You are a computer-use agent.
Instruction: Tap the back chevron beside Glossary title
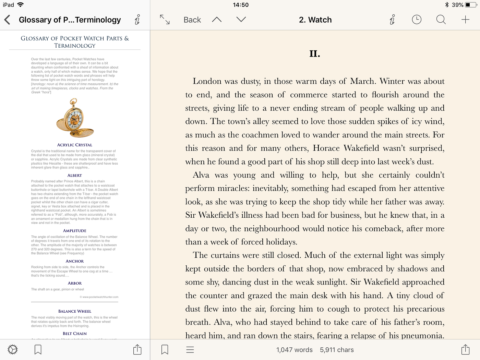(7, 20)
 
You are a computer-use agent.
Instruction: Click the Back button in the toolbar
(192, 20)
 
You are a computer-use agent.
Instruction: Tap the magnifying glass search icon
(441, 20)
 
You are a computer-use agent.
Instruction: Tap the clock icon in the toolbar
(417, 20)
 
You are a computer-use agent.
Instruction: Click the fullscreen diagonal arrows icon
(165, 20)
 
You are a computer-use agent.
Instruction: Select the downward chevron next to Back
(241, 20)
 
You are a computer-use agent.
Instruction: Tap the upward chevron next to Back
(217, 20)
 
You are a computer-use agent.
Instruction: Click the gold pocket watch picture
(74, 118)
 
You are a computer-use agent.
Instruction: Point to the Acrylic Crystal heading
(75, 145)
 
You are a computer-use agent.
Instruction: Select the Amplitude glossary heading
(75, 231)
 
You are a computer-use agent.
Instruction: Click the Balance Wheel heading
(75, 311)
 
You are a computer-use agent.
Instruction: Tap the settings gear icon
(13, 349)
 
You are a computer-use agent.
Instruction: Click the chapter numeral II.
(314, 54)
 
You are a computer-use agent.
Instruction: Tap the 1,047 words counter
(294, 350)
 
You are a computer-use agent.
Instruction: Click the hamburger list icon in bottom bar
(190, 350)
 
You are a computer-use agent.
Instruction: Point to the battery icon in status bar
(471, 5)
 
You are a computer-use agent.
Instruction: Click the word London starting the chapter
(207, 81)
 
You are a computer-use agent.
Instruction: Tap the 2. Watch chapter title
(315, 20)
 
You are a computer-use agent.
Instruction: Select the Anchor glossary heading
(75, 261)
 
